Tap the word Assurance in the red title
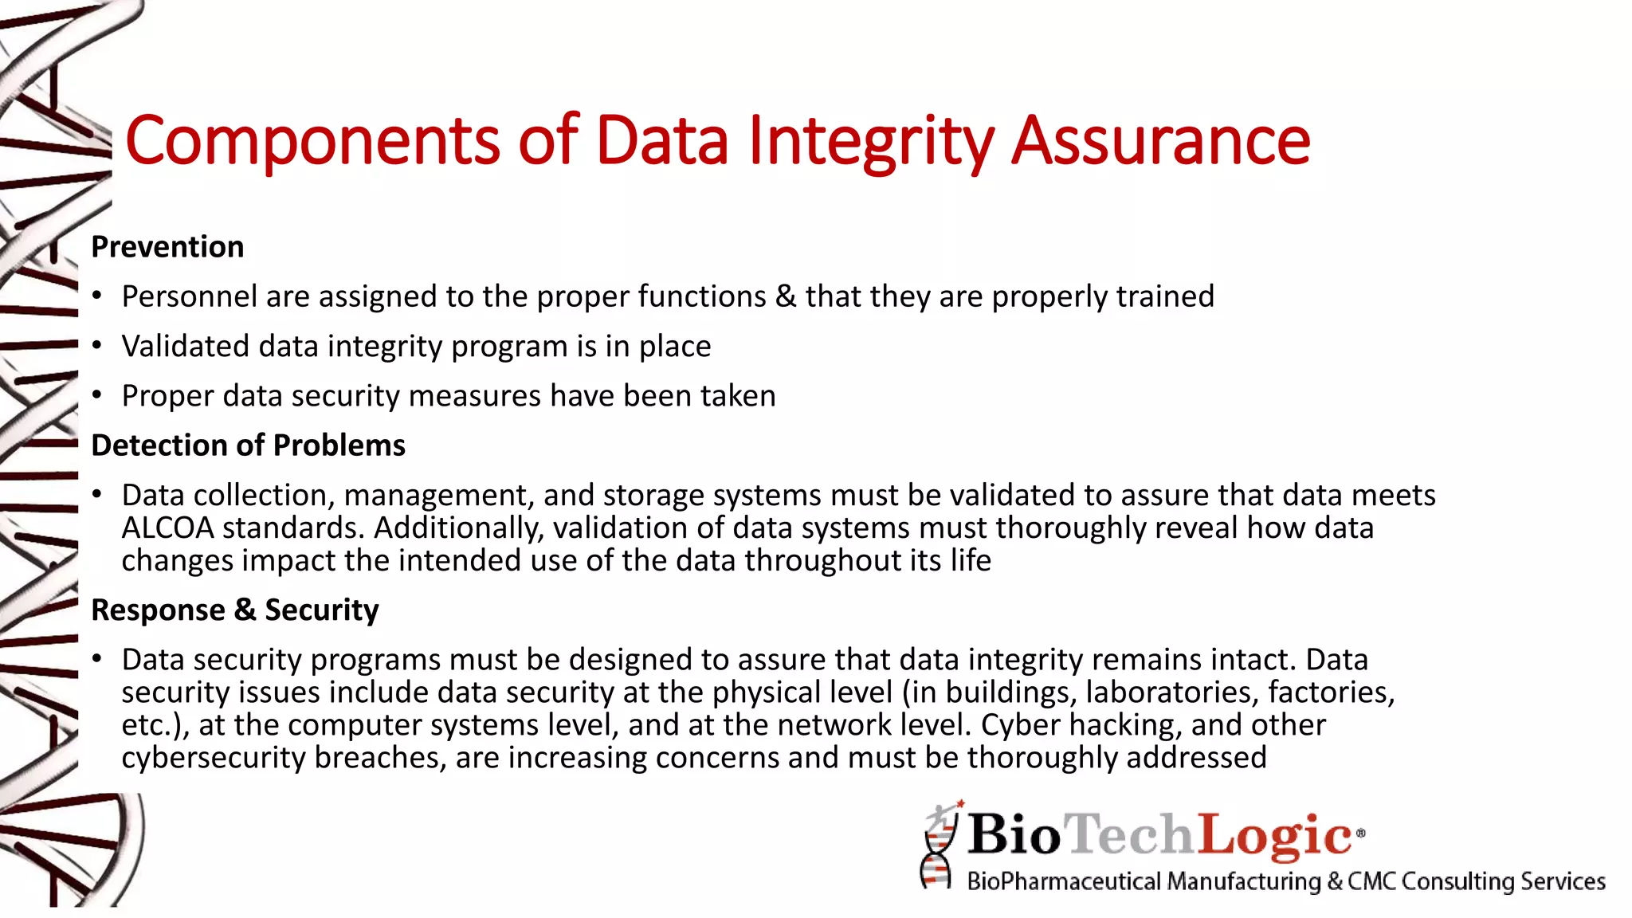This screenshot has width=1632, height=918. [x=1160, y=141]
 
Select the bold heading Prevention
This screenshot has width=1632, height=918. [x=167, y=247]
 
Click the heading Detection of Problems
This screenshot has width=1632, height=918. [x=248, y=445]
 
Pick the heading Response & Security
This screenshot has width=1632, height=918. [x=235, y=610]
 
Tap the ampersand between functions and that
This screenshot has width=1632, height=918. [x=785, y=296]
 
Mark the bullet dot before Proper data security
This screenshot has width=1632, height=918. [x=97, y=396]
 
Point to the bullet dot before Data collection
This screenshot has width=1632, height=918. [x=97, y=495]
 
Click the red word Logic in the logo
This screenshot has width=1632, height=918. [x=1275, y=835]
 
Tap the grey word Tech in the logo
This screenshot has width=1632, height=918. [x=1130, y=835]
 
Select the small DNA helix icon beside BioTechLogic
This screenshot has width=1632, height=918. [x=939, y=846]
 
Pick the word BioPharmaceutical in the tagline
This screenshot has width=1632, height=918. [x=1064, y=881]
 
